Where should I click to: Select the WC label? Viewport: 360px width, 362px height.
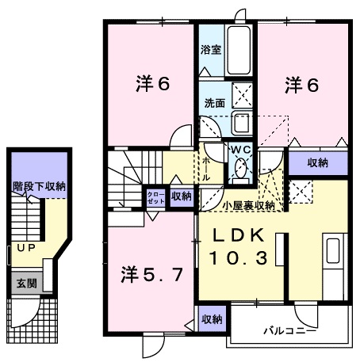coord(240,148)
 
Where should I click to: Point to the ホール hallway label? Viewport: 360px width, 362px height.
coord(207,169)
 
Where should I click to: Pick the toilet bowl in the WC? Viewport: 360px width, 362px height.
coord(240,169)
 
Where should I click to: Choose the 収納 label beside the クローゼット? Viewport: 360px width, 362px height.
coord(181,197)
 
